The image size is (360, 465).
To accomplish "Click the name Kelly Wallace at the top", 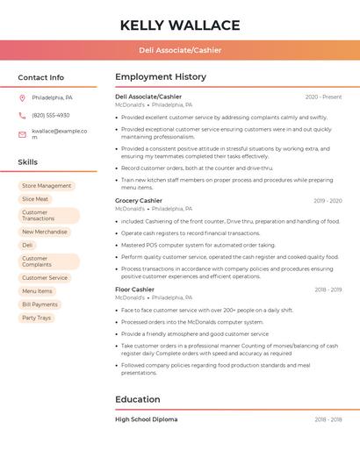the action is pos(180,25).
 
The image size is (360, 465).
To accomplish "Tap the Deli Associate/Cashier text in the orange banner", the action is pos(180,50).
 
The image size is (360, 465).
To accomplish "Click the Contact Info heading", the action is pos(41,77).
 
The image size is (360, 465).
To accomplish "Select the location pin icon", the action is pos(22,97).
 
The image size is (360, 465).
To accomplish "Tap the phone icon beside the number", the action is pos(22,115).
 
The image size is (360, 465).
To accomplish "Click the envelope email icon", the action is pos(22,133).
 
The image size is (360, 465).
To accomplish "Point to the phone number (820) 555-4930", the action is pos(51,115).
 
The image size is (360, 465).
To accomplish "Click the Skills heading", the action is pos(28,162).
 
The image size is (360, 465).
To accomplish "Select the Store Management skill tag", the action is pos(47,186).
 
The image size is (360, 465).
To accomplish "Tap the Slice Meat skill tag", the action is pos(35,199).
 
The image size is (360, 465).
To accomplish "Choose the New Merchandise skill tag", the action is pos(45,232).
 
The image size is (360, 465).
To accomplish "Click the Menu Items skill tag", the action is pos(37,291).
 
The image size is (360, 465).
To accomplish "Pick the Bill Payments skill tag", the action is pos(40,304).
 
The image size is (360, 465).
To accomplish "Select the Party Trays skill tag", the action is pos(36,318).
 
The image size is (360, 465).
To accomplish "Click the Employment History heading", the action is pos(161,77).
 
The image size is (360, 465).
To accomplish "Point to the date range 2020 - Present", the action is pos(323,97).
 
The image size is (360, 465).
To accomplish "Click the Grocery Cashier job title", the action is pos(139,201).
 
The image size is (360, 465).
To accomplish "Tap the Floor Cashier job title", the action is pos(134,290).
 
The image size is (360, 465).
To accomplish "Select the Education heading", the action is pos(138,399).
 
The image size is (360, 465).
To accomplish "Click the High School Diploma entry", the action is pos(146,419).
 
